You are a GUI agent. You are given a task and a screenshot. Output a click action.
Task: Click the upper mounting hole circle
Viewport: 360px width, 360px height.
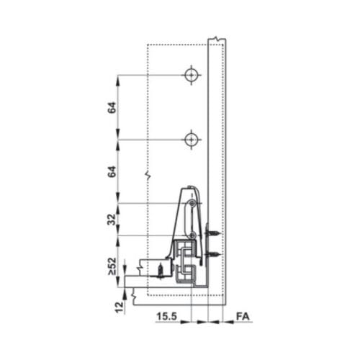(x=190, y=75)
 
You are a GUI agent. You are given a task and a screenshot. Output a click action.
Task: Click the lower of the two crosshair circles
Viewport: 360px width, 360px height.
(x=190, y=139)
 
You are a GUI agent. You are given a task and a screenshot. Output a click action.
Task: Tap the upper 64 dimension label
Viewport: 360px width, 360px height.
(x=112, y=107)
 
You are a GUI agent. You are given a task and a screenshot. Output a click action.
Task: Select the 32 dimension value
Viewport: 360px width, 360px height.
(x=112, y=220)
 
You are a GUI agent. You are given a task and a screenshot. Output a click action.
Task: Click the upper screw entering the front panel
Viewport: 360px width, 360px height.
(x=213, y=233)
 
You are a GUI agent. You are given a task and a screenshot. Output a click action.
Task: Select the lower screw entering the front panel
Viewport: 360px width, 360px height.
(x=213, y=255)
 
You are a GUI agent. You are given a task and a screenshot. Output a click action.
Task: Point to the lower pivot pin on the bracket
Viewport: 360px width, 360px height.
(x=192, y=235)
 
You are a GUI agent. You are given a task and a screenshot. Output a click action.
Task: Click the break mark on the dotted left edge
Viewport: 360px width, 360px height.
(x=147, y=175)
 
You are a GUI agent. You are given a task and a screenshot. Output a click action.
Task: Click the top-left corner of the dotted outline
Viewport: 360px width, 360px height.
(x=148, y=45)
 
